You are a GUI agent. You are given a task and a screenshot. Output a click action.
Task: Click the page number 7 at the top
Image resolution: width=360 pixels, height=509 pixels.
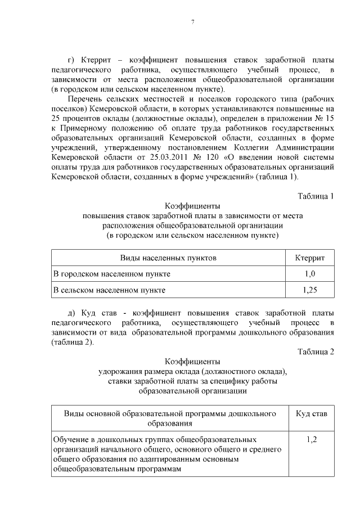click(x=193, y=22)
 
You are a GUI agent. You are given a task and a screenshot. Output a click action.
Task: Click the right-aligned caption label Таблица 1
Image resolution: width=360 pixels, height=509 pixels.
click(x=316, y=196)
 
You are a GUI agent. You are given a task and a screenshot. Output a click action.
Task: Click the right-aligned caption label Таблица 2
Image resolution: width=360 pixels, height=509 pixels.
click(x=316, y=352)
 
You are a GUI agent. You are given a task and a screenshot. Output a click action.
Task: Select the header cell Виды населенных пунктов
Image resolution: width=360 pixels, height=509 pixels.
click(x=168, y=258)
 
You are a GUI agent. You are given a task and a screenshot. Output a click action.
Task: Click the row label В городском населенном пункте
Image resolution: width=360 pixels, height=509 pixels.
click(x=112, y=274)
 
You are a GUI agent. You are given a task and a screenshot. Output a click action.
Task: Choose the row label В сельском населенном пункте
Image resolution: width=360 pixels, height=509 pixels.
click(x=109, y=290)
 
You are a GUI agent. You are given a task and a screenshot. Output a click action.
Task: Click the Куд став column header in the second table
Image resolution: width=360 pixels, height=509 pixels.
click(x=312, y=414)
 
